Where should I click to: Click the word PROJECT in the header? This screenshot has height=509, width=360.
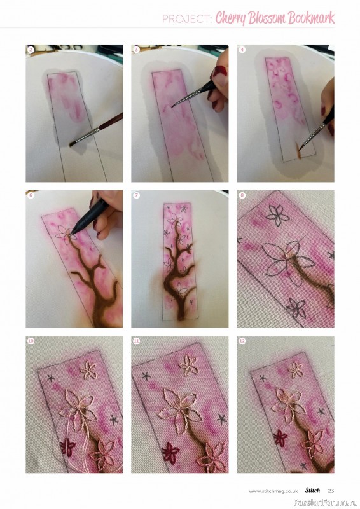pyautogui.click(x=186, y=19)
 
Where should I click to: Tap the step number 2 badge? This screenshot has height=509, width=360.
pyautogui.click(x=31, y=50)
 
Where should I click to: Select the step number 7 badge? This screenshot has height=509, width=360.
pyautogui.click(x=136, y=195)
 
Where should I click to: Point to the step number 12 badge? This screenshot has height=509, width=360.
pyautogui.click(x=242, y=341)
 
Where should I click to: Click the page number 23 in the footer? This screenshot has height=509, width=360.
pyautogui.click(x=331, y=491)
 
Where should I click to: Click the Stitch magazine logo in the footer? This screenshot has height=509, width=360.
pyautogui.click(x=312, y=490)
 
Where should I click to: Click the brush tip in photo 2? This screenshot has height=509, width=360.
pyautogui.click(x=72, y=144)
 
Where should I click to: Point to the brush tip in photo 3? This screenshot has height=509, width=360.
pyautogui.click(x=173, y=106)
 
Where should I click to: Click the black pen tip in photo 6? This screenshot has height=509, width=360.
pyautogui.click(x=71, y=232)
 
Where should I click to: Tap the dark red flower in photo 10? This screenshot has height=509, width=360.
pyautogui.click(x=67, y=447)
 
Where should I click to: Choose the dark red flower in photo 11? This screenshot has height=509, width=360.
pyautogui.click(x=170, y=452)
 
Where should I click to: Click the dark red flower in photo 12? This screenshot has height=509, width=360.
pyautogui.click(x=280, y=438)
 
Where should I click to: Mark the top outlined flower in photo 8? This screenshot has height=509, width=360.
pyautogui.click(x=278, y=215)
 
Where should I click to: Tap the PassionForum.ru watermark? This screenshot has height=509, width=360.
pyautogui.click(x=326, y=503)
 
